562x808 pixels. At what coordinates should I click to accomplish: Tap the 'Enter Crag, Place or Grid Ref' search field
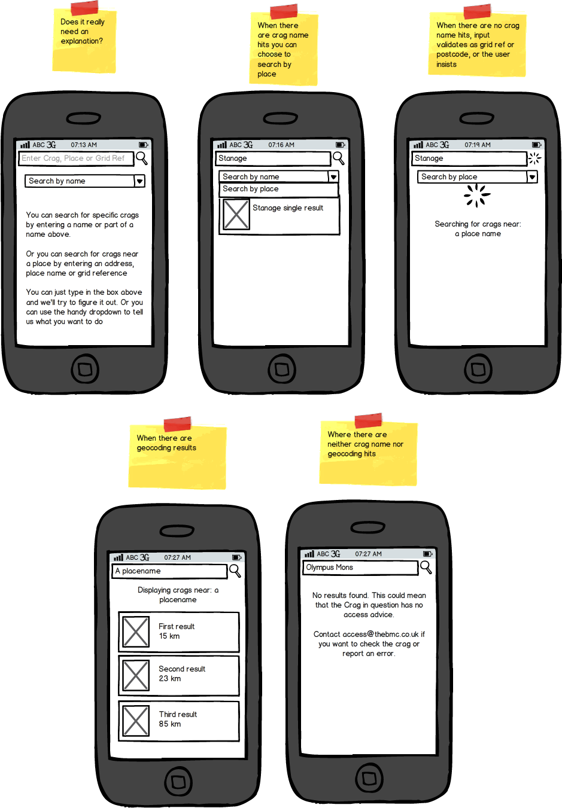(x=76, y=158)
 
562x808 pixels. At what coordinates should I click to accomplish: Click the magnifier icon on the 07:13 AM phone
(x=141, y=158)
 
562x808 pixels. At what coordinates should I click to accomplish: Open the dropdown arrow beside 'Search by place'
(x=531, y=177)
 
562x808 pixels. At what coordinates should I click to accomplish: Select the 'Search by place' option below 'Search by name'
(x=279, y=190)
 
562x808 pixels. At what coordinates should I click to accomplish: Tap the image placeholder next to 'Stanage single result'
(x=236, y=215)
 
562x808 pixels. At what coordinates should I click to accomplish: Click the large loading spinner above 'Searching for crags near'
(x=477, y=196)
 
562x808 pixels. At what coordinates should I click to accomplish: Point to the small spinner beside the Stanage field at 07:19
(x=534, y=158)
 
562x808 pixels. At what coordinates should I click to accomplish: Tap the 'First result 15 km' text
(x=177, y=631)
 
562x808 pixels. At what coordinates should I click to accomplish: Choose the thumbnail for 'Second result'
(x=136, y=675)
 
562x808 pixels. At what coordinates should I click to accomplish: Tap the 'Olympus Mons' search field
(x=360, y=568)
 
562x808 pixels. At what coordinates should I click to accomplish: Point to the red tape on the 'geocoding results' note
(x=177, y=424)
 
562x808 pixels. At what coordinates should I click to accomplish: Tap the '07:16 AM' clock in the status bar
(x=281, y=145)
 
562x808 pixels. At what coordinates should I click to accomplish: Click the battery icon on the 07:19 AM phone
(x=537, y=145)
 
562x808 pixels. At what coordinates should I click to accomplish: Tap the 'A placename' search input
(x=169, y=571)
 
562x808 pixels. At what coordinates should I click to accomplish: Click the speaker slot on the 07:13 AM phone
(x=84, y=118)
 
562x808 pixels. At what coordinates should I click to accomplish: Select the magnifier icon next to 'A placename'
(x=235, y=571)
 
